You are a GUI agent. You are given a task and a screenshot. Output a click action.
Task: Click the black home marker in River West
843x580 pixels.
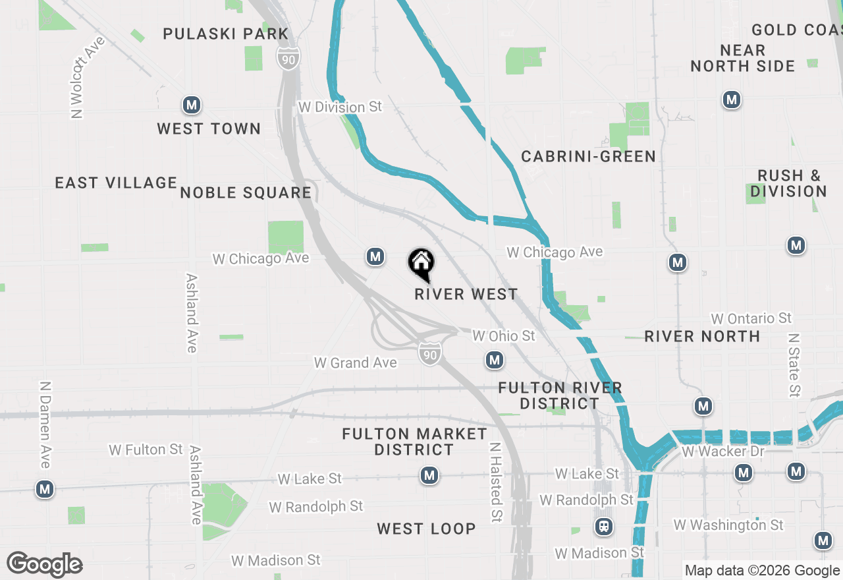(x=421, y=264)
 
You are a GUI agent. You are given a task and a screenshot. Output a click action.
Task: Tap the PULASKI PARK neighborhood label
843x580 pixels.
(x=226, y=34)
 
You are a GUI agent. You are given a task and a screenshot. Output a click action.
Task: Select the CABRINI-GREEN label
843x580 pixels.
(x=588, y=156)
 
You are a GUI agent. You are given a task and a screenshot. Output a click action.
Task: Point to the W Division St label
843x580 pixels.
(x=340, y=107)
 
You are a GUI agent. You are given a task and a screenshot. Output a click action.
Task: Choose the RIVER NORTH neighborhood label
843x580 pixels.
(x=702, y=336)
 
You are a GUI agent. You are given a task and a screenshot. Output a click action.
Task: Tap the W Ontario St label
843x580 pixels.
(x=751, y=319)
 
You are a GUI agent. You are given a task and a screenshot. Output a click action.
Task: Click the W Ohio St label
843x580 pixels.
(x=504, y=336)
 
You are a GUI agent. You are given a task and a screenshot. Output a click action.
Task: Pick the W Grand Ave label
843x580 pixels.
(x=356, y=362)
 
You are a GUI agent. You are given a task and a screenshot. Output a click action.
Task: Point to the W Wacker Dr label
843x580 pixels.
(x=723, y=451)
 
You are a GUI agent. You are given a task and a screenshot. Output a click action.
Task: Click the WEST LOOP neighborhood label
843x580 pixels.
(x=426, y=529)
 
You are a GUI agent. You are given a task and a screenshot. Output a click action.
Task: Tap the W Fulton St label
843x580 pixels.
(x=146, y=449)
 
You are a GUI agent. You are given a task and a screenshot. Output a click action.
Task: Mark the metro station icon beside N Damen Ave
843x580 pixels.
(x=45, y=489)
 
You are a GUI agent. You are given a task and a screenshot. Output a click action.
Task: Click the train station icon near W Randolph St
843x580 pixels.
(x=603, y=526)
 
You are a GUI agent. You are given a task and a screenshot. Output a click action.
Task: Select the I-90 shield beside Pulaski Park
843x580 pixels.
(x=289, y=58)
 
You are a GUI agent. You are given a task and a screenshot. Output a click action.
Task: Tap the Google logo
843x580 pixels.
(x=45, y=564)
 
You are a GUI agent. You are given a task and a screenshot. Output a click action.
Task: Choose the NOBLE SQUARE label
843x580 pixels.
(x=246, y=192)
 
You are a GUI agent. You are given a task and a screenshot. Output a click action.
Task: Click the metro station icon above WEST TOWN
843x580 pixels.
(x=191, y=105)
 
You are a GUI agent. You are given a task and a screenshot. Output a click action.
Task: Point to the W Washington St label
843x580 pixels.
(x=728, y=525)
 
